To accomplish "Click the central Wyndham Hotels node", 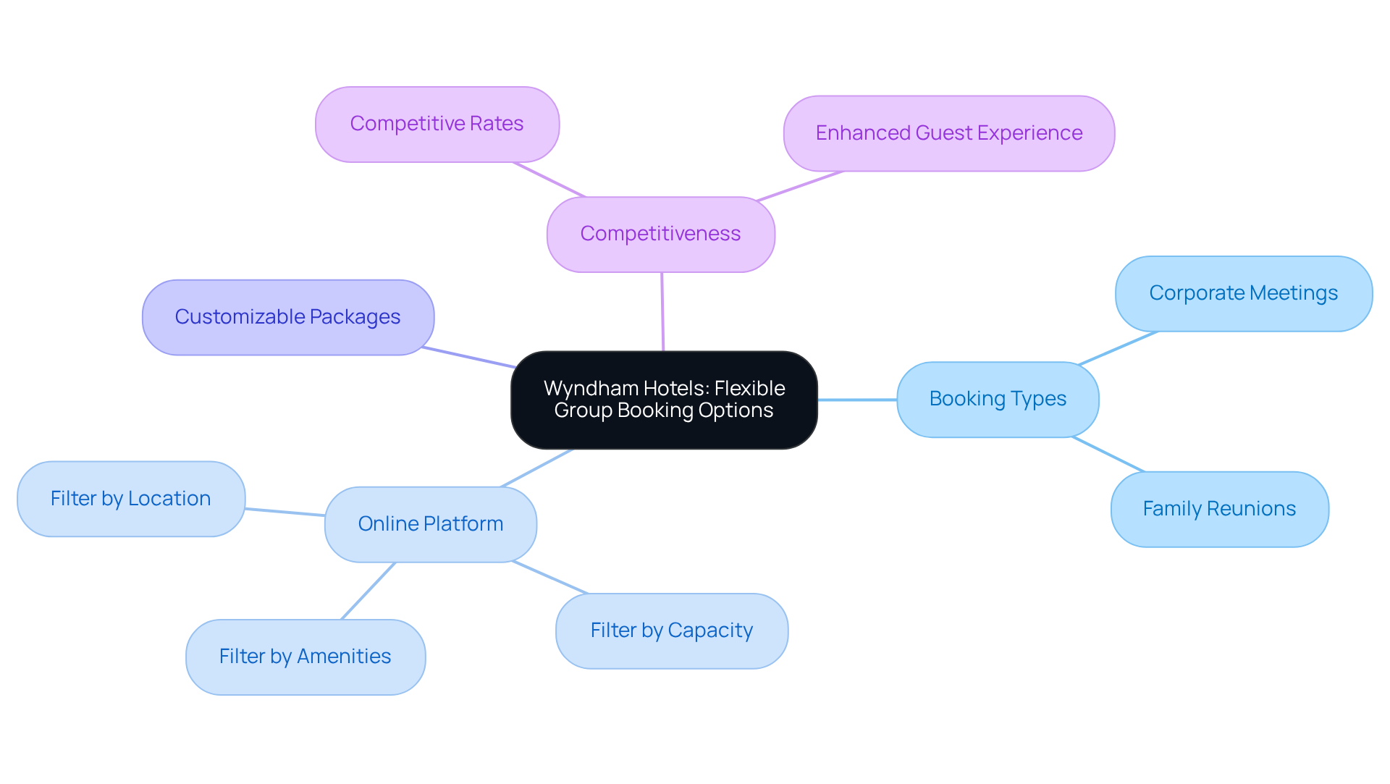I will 664,400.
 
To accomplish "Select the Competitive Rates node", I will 437,125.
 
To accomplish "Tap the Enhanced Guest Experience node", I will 948,133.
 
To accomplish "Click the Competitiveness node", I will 660,234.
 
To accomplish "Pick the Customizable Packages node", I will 287,317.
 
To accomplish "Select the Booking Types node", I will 997,399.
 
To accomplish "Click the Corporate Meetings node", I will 1243,293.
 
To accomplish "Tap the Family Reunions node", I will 1219,509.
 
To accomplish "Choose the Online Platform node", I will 430,524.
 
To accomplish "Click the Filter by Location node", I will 130,499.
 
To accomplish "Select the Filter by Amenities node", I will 305,657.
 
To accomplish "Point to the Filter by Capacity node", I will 671,631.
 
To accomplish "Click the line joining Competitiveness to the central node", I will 662,311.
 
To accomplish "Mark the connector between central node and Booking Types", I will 857,400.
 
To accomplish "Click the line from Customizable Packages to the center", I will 468,358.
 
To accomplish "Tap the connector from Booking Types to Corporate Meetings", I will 1118,348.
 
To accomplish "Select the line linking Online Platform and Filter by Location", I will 285,512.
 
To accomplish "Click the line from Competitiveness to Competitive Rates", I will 549,180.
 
